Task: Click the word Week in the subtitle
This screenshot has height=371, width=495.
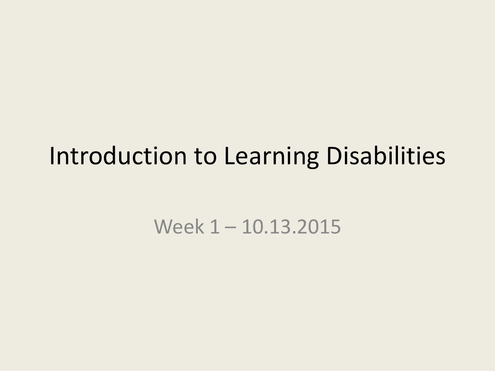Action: pyautogui.click(x=179, y=226)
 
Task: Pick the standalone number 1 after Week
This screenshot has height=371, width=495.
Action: pyautogui.click(x=214, y=226)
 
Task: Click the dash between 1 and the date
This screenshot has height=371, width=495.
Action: pyautogui.click(x=230, y=227)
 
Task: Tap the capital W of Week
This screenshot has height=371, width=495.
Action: pyautogui.click(x=163, y=226)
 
